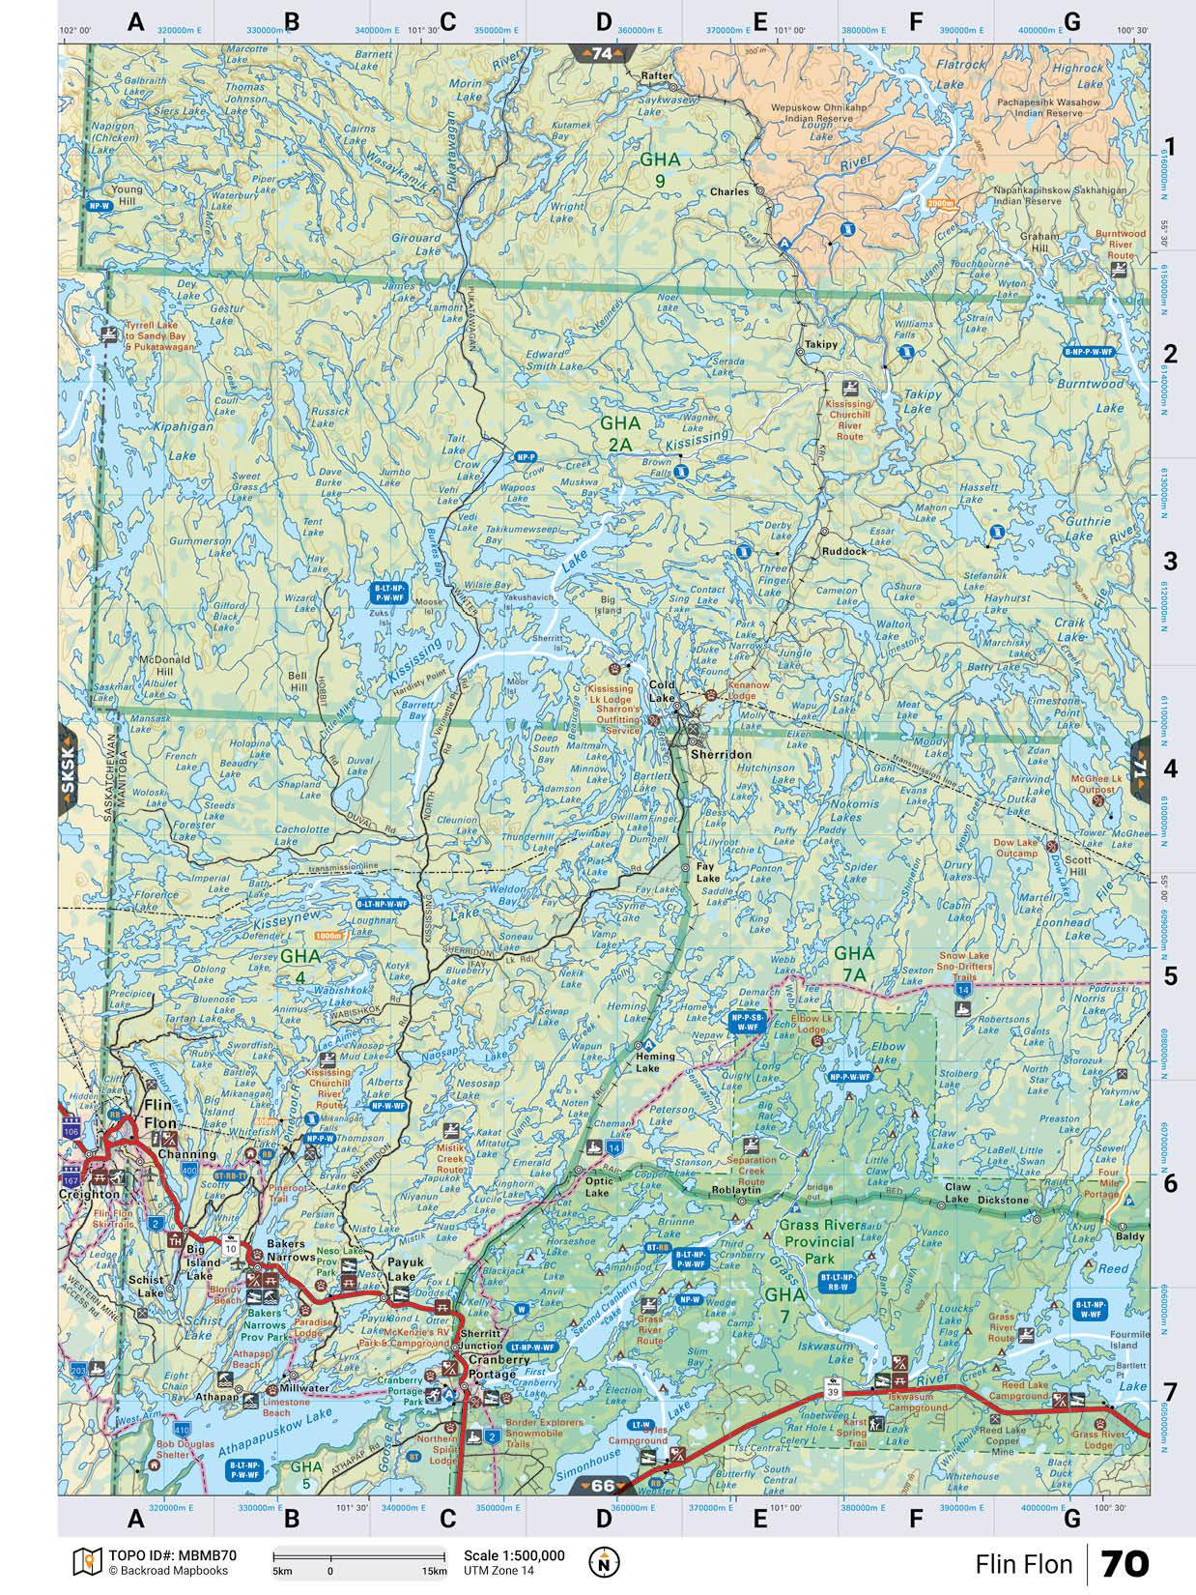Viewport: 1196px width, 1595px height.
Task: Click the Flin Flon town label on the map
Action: click(x=160, y=1114)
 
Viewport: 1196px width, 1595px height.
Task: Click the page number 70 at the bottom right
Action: click(x=1125, y=1563)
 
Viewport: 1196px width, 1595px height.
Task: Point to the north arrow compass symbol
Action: click(x=603, y=1560)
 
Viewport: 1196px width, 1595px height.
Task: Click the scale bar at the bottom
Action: click(x=358, y=1556)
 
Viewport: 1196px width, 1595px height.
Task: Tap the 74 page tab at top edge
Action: click(x=601, y=54)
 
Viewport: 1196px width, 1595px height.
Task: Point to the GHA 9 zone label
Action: click(x=660, y=168)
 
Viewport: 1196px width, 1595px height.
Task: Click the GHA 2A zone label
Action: click(x=620, y=432)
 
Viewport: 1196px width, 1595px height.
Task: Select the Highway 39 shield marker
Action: click(x=833, y=1391)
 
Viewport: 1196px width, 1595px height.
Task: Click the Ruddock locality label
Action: click(x=844, y=550)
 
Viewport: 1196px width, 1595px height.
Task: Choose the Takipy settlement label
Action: click(x=820, y=344)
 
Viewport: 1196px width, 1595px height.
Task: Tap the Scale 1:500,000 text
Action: click(x=514, y=1555)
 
